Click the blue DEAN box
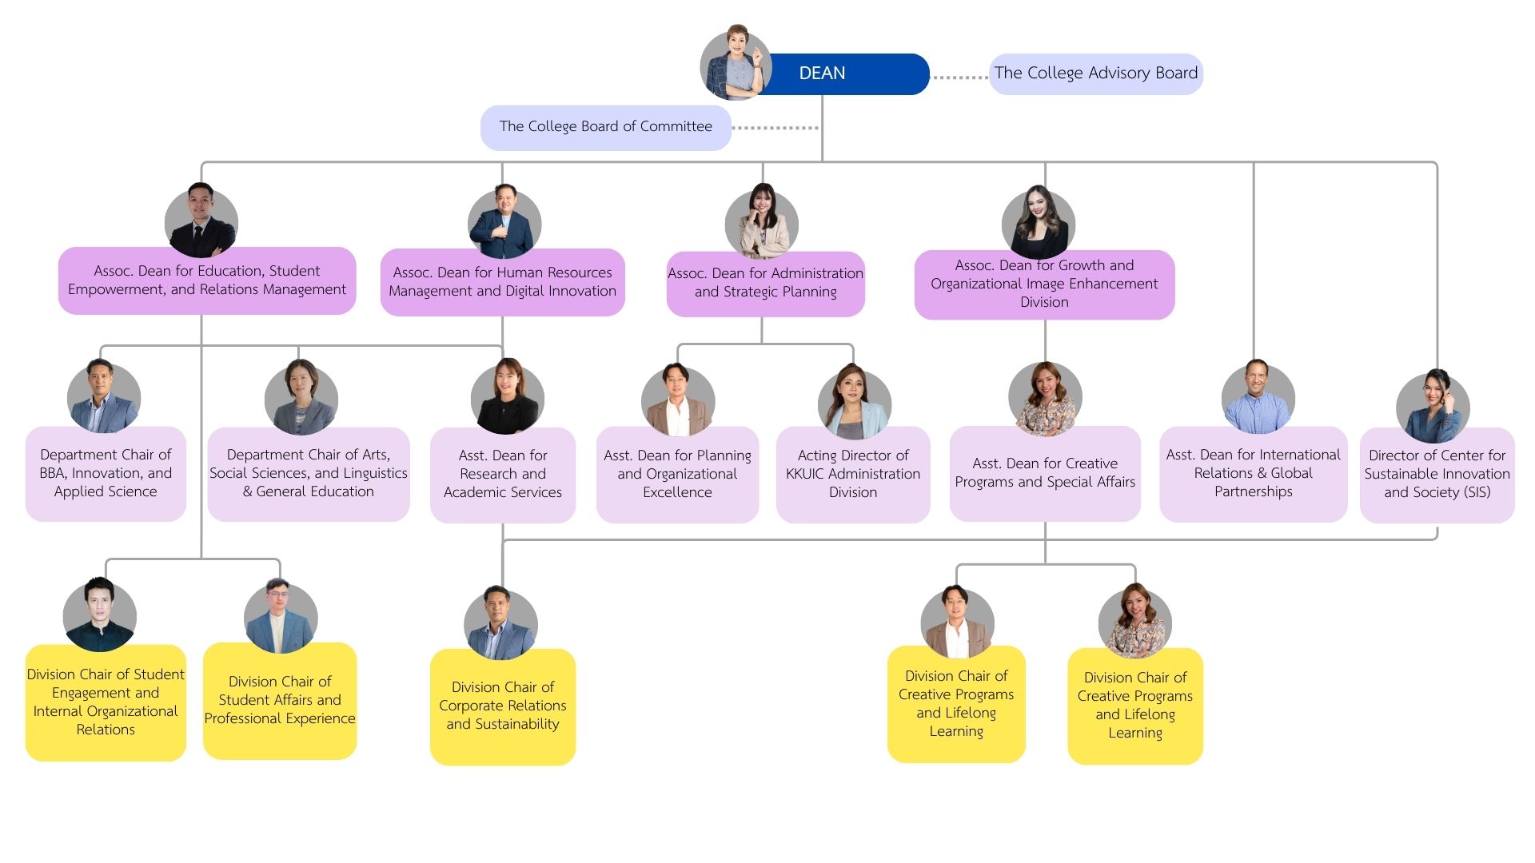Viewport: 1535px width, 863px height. click(x=839, y=74)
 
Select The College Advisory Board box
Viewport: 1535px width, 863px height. click(x=1095, y=74)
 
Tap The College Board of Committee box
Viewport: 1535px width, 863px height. click(x=605, y=127)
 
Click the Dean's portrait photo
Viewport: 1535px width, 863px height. click(x=736, y=64)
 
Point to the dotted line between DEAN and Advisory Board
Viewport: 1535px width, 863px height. click(x=959, y=78)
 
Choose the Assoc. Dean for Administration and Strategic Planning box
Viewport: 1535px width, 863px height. click(x=765, y=283)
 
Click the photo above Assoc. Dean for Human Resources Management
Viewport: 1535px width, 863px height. click(x=504, y=224)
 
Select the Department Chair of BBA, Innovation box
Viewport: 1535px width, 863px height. click(x=106, y=473)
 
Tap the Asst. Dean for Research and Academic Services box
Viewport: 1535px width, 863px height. click(x=502, y=474)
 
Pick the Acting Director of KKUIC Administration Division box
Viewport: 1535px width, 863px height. click(x=852, y=474)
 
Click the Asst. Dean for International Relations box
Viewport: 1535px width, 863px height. click(x=1253, y=473)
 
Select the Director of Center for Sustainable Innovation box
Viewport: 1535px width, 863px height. click(x=1437, y=474)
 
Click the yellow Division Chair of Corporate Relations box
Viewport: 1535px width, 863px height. click(x=502, y=706)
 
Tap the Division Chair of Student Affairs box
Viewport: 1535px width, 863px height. click(x=279, y=700)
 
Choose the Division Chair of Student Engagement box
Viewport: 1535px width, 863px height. click(x=106, y=702)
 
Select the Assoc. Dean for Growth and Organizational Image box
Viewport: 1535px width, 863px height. click(x=1044, y=284)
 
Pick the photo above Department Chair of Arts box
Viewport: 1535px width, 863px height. click(x=301, y=397)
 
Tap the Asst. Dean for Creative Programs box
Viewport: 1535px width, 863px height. click(x=1044, y=473)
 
